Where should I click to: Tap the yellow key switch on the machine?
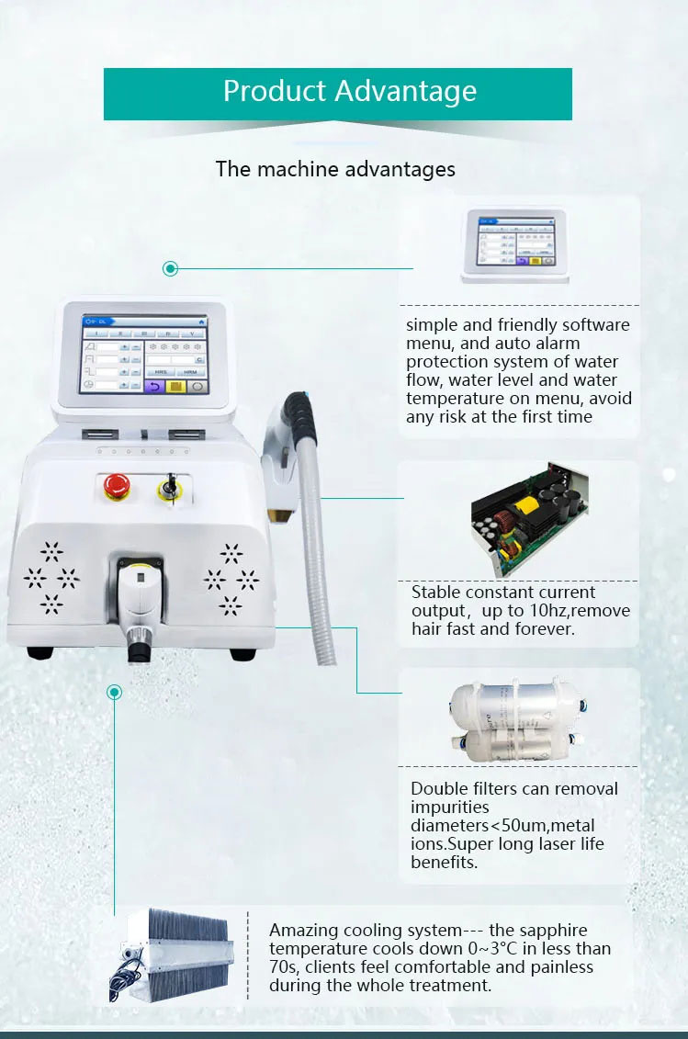[169, 487]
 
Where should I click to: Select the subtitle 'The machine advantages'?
[335, 169]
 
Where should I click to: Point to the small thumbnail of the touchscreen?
[513, 244]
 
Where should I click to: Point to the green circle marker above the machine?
[170, 268]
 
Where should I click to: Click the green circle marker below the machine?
[114, 692]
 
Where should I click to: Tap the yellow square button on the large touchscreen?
[175, 387]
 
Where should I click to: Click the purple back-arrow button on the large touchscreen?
[153, 387]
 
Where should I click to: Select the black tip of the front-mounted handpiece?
[139, 651]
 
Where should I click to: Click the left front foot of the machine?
[40, 653]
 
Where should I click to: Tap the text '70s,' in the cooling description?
[286, 967]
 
